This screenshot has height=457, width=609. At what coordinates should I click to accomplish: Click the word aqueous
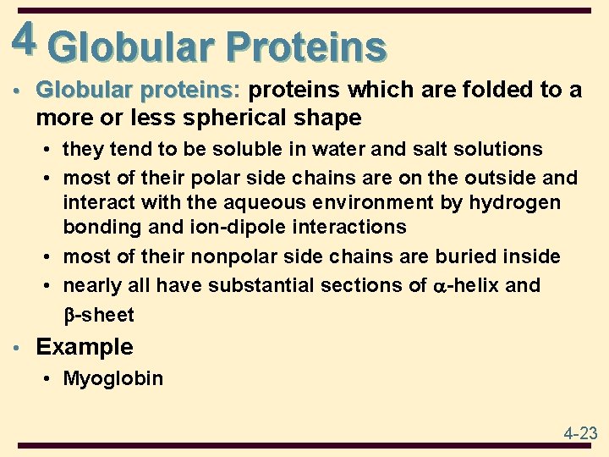(254, 202)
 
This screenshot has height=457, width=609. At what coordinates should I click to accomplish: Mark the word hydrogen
(517, 202)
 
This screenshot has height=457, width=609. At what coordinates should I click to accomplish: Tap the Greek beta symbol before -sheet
(69, 315)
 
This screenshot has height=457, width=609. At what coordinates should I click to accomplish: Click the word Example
(85, 347)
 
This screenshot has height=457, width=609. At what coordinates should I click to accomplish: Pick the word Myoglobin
(113, 378)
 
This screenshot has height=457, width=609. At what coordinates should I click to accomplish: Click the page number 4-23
(579, 433)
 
